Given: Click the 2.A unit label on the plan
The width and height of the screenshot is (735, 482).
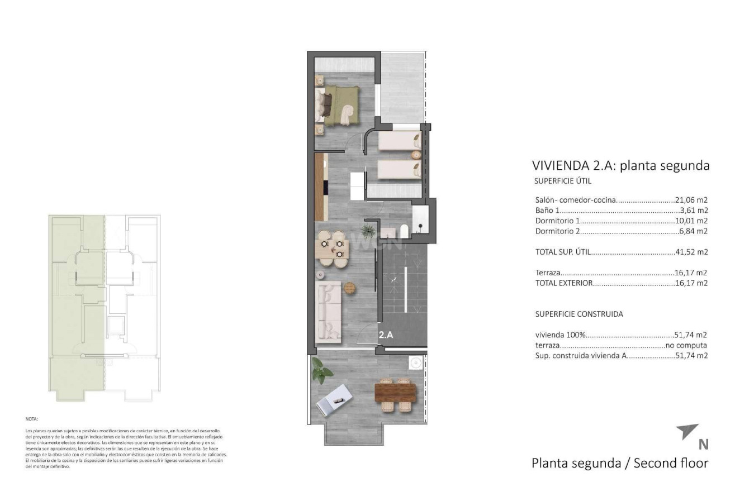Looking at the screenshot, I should point(386,336).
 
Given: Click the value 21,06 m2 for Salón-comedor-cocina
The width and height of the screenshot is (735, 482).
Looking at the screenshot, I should point(691,200).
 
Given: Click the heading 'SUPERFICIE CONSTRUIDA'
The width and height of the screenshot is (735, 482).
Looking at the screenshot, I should point(571,314).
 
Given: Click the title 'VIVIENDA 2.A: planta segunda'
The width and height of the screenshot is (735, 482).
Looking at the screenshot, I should point(620,166).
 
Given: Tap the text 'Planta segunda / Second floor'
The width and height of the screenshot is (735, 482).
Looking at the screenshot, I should point(620,463).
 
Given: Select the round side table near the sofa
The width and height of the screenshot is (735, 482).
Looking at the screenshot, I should point(350,287).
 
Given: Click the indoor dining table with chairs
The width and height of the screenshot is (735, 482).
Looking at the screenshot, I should point(332,249).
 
